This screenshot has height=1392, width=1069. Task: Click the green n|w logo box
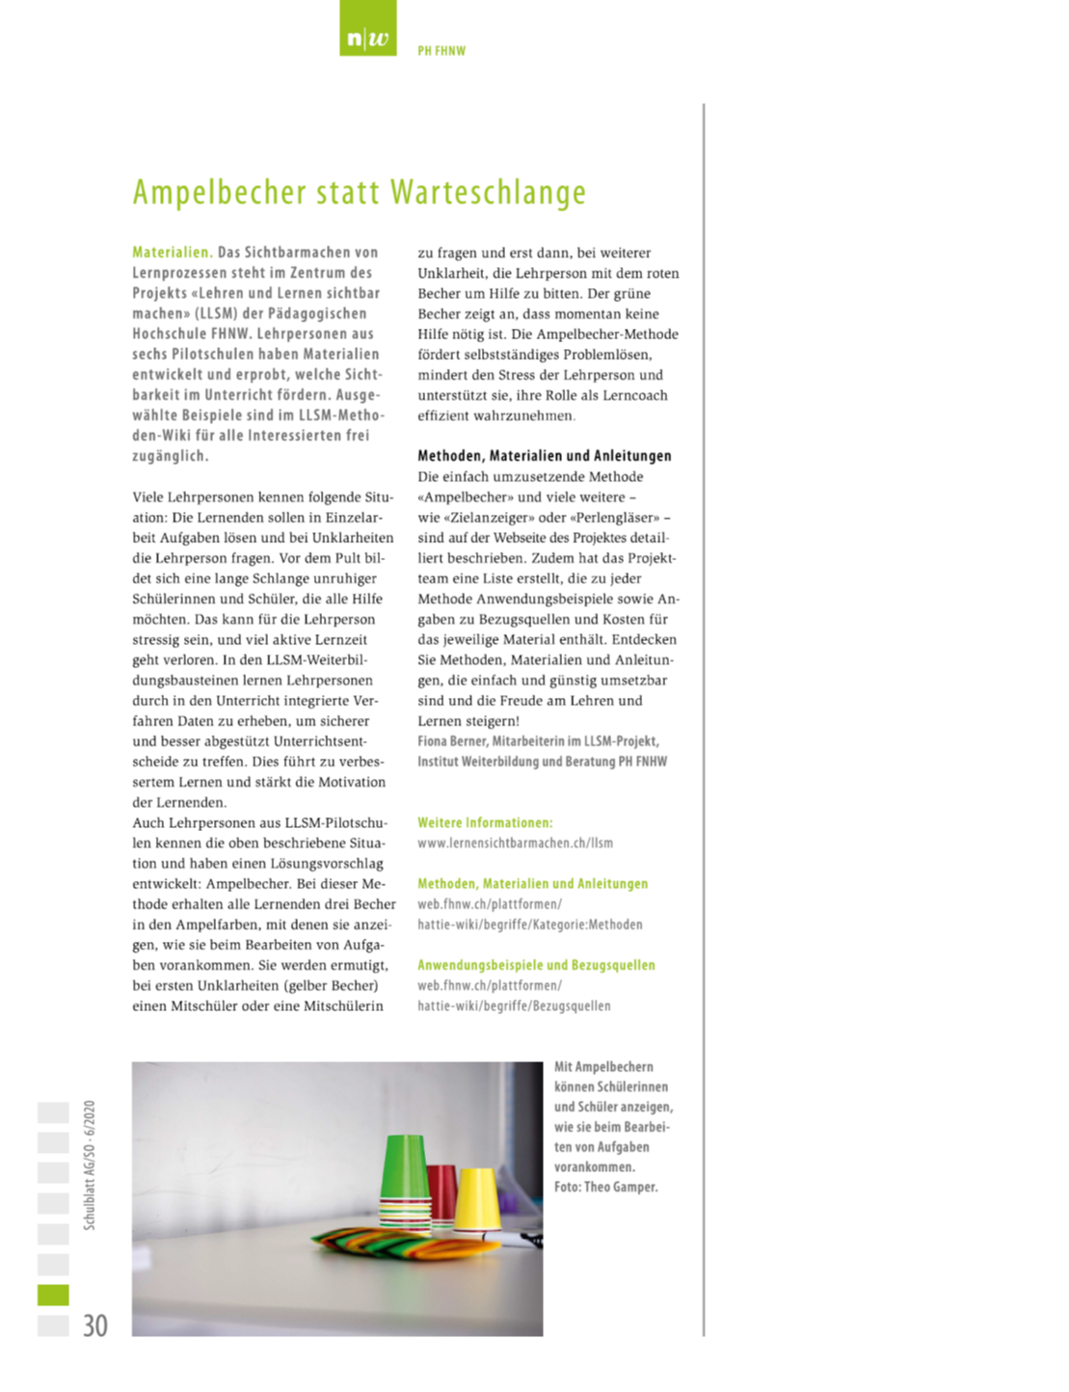point(367,28)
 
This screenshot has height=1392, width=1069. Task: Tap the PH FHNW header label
point(441,51)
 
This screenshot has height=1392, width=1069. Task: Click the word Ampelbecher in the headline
point(219,192)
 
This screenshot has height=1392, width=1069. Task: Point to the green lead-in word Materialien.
point(172,253)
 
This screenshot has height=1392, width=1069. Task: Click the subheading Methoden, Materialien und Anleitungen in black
point(544,456)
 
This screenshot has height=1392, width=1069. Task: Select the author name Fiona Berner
point(451,741)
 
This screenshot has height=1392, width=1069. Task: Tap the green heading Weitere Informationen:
point(485,823)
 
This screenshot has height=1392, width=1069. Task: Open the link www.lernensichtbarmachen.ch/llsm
point(515,843)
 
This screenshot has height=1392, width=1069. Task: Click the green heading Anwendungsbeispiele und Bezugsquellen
point(536,965)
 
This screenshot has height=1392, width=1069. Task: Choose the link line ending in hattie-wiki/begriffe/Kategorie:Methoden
point(529,924)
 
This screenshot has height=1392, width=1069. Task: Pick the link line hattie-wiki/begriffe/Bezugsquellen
point(514,1006)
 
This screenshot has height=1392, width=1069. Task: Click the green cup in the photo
point(405,1171)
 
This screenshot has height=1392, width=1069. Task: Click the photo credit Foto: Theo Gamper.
point(605,1188)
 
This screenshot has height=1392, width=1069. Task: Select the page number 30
point(94,1325)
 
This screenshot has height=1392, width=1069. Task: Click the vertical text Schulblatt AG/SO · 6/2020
point(90,1164)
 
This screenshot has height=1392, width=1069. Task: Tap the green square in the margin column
point(53,1294)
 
